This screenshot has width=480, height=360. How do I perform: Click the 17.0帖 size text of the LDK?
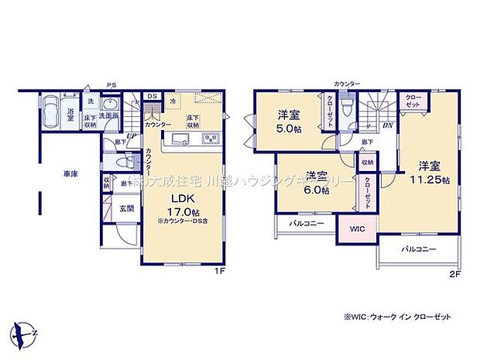[x=185, y=211]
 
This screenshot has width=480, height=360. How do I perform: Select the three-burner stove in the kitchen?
[x=211, y=139]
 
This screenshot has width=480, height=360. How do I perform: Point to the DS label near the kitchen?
[x=153, y=96]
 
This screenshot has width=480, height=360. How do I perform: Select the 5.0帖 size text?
[x=289, y=130]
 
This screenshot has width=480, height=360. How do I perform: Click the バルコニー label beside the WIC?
[x=305, y=224]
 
